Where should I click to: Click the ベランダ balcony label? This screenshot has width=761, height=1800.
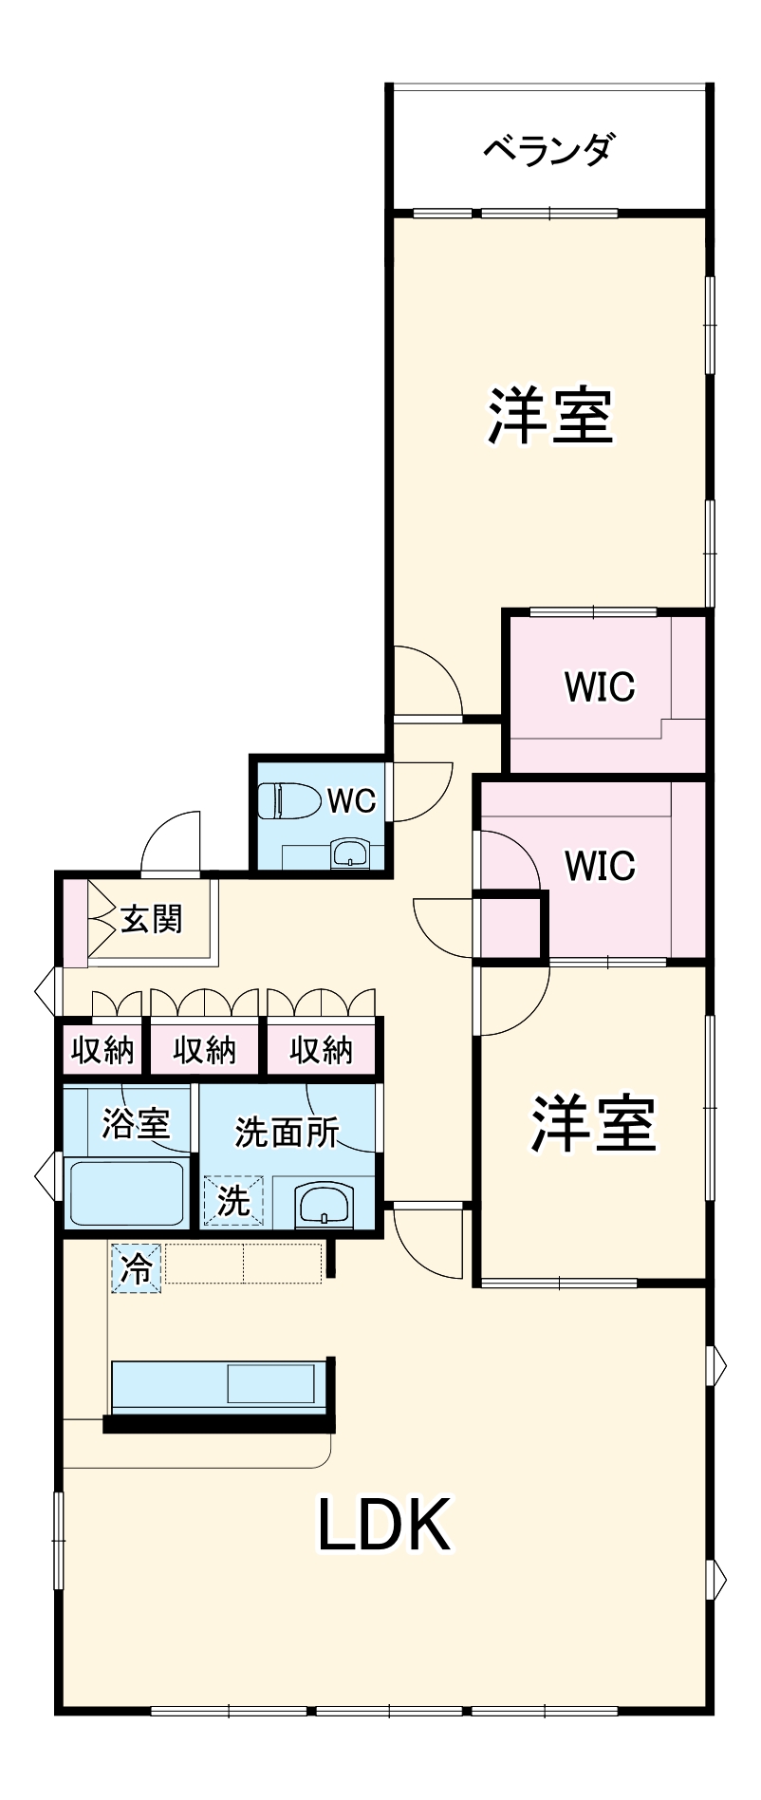[549, 149]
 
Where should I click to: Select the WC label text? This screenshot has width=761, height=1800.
[351, 800]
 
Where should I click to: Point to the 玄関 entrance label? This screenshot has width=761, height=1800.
[151, 919]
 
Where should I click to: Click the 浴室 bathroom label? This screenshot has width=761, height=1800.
[136, 1123]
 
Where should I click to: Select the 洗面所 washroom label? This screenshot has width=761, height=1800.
[287, 1131]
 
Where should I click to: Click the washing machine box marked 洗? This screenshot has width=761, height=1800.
[232, 1201]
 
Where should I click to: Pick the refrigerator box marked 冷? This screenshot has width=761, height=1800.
[137, 1267]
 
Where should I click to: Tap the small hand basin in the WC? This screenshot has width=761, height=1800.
[349, 853]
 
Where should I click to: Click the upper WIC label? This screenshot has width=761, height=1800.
[599, 685]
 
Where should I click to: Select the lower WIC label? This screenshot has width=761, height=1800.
[599, 865]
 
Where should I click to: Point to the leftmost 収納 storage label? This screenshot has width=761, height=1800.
[102, 1050]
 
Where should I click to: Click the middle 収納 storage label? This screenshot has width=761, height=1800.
[204, 1050]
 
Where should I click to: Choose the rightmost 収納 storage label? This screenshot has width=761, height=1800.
[321, 1050]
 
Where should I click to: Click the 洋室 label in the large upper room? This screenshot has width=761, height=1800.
[550, 416]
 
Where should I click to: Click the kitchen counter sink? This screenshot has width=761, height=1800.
[270, 1384]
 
